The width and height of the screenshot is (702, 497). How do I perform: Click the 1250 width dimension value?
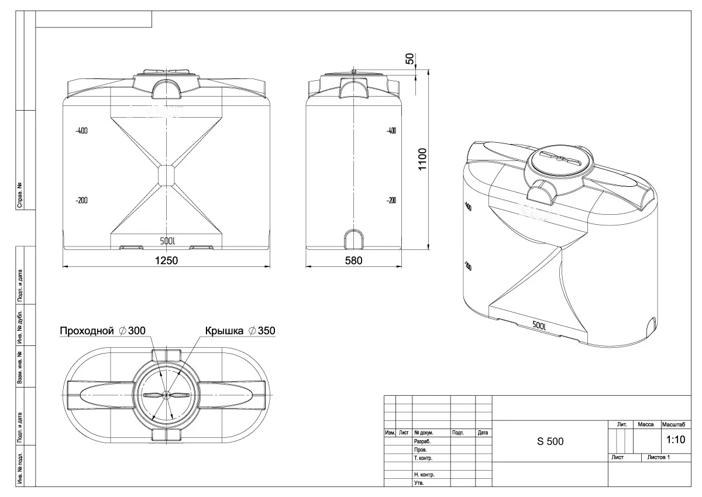(x=166, y=261)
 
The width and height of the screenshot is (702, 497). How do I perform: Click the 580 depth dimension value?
(x=353, y=261)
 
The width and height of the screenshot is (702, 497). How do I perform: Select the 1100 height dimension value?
(x=423, y=158)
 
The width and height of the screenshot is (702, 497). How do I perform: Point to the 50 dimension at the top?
(x=410, y=59)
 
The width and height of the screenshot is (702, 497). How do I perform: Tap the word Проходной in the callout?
(x=86, y=331)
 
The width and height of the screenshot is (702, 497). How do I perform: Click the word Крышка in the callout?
(x=223, y=331)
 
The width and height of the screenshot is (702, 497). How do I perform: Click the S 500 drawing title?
(x=550, y=441)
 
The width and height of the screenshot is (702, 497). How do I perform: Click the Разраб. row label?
(x=422, y=441)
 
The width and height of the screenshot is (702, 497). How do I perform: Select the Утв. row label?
(x=419, y=483)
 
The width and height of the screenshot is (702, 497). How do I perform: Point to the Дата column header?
(x=483, y=433)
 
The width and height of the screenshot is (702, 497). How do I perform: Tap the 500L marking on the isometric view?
(x=539, y=325)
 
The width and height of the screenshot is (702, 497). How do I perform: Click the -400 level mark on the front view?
(x=81, y=131)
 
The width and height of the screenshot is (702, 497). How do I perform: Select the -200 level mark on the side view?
(x=391, y=200)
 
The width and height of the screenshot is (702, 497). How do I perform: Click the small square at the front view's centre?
(x=167, y=174)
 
